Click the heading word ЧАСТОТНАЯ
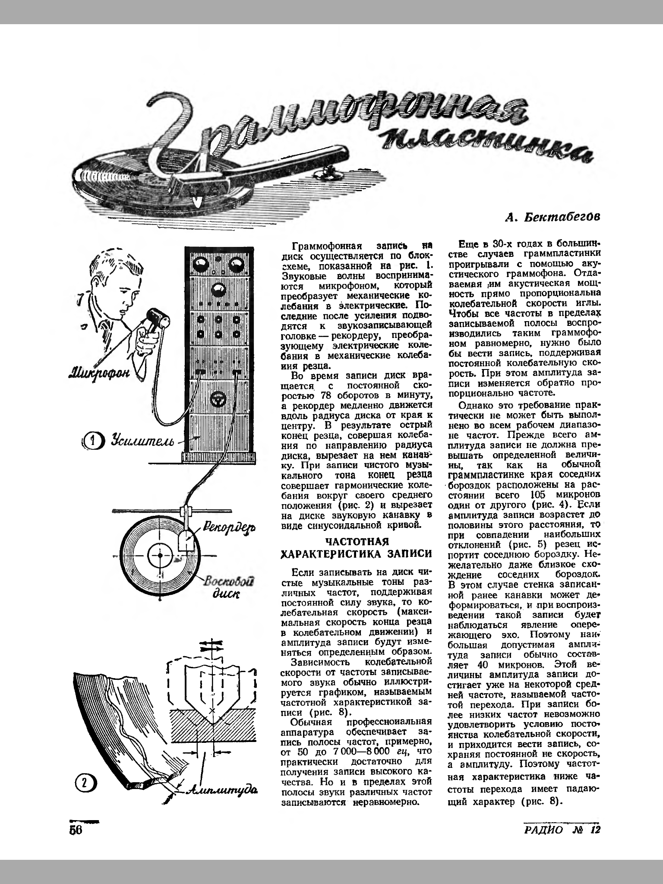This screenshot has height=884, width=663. pyautogui.click(x=357, y=542)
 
